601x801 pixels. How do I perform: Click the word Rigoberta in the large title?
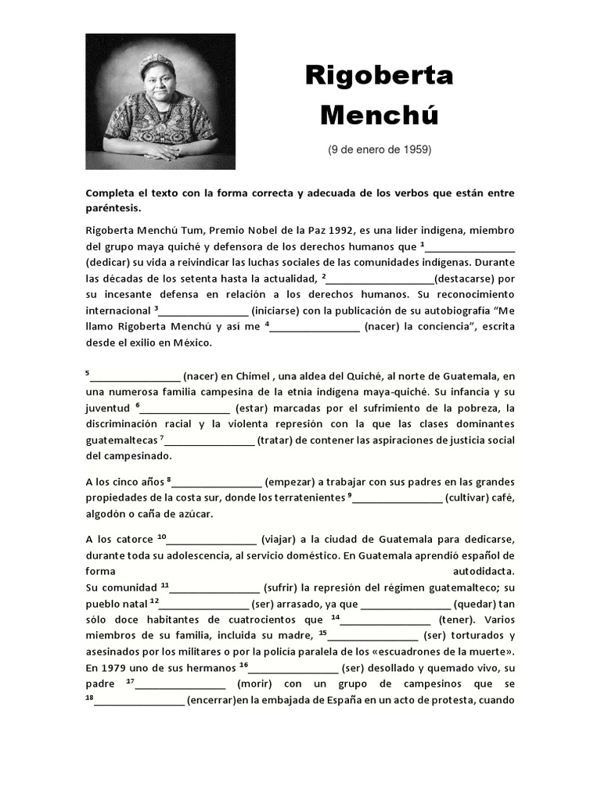(x=379, y=76)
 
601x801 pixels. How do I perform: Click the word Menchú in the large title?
(x=379, y=115)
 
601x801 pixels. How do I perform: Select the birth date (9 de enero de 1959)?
(x=379, y=149)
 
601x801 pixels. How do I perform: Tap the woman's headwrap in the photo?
(x=157, y=62)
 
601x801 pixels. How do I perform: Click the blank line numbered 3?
(x=204, y=311)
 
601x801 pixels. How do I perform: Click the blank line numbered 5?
(x=135, y=376)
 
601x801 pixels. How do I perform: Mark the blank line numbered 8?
(x=217, y=482)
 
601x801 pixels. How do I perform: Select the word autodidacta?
(x=483, y=571)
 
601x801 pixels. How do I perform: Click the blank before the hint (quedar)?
(x=406, y=604)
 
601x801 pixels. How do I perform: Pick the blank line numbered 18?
(x=139, y=701)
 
